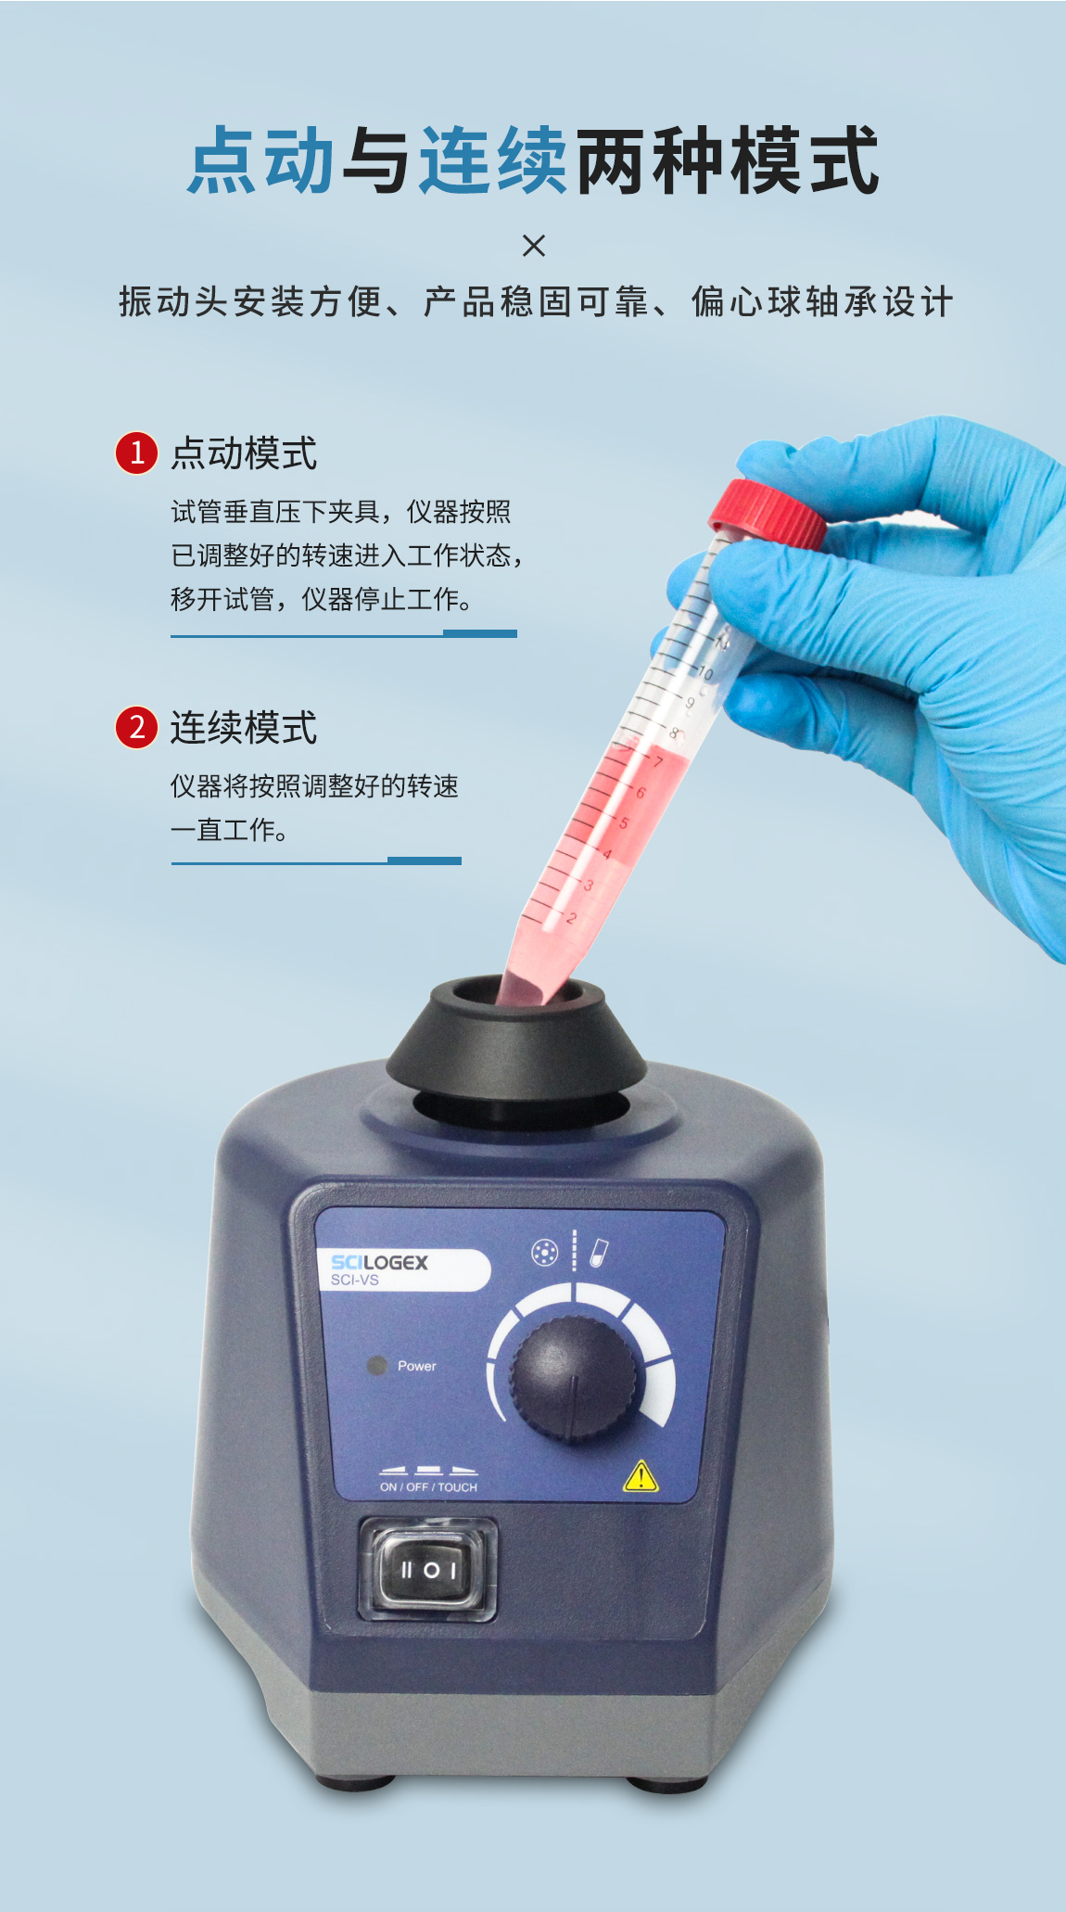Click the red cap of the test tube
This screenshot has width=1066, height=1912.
(x=768, y=515)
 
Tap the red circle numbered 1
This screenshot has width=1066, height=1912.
(x=136, y=453)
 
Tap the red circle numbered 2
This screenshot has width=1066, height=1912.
(x=136, y=727)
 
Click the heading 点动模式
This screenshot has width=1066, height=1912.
(x=244, y=453)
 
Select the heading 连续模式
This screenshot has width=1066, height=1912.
(x=244, y=728)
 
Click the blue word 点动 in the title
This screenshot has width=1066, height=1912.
(x=261, y=160)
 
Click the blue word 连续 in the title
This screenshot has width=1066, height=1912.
(x=493, y=160)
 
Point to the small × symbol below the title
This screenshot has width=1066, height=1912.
(x=534, y=246)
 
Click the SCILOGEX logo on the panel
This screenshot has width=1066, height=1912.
(x=380, y=1262)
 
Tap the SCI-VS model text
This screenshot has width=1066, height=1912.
(x=355, y=1281)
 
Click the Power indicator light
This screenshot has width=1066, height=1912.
(x=376, y=1366)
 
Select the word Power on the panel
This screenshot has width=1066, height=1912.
(x=417, y=1366)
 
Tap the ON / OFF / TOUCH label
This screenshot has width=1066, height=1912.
(x=428, y=1487)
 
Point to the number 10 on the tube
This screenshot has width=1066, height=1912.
(x=706, y=673)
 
